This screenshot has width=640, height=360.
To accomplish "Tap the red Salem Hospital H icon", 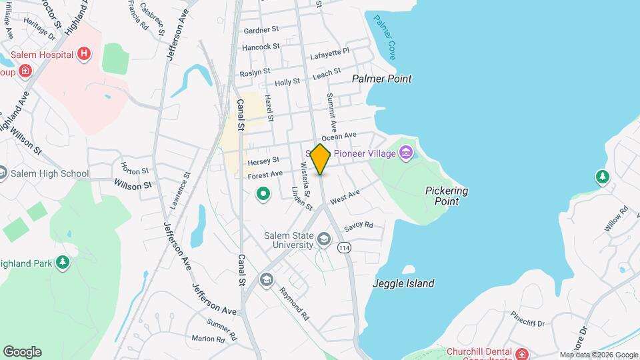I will click(x=84, y=54).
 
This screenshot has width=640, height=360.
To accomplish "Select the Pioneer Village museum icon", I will click(x=405, y=154).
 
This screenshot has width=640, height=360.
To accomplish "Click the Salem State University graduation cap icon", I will click(x=323, y=239).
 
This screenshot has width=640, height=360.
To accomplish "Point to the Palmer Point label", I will click(x=382, y=79).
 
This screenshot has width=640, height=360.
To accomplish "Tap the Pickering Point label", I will click(x=446, y=195).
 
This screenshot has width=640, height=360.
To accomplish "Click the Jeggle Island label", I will click(x=404, y=283).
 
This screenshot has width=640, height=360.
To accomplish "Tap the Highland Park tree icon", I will click(x=63, y=263).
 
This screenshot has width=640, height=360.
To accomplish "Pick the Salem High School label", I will click(x=50, y=174).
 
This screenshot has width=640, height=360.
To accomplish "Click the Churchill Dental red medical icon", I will click(x=522, y=354).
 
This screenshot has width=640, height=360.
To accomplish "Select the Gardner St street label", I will click(x=261, y=31).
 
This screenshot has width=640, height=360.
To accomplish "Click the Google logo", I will click(x=22, y=352).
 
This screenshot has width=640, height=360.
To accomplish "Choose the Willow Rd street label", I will click(x=616, y=219).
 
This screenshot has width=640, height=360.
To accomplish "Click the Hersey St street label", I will click(x=263, y=161).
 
